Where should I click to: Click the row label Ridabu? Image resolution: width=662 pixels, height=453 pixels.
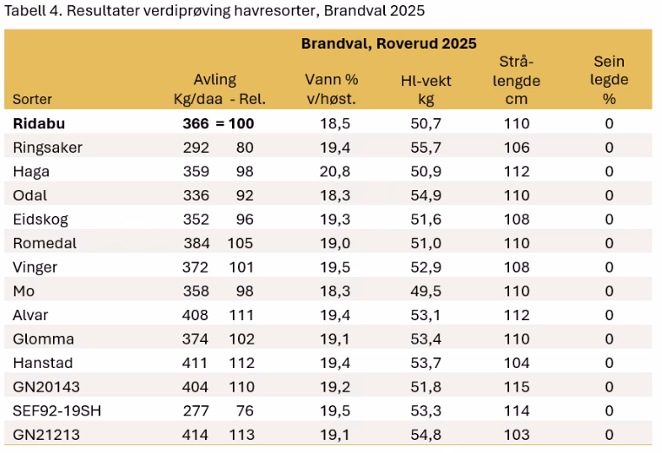point(40,123)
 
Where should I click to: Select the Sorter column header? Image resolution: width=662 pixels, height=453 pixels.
point(33,99)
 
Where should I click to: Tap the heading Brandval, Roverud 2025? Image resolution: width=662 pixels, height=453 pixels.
point(388,43)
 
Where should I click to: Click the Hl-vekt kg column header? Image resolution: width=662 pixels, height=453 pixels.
point(425,89)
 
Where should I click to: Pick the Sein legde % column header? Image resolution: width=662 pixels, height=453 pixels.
point(609,81)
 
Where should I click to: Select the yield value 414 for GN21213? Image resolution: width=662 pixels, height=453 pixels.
point(196,434)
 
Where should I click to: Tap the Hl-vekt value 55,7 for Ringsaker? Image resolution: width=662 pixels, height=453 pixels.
point(425,148)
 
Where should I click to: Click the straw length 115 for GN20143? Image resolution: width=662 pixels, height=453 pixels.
point(516,386)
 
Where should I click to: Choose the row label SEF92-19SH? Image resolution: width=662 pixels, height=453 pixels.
point(57,410)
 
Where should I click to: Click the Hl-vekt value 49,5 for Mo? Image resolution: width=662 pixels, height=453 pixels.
point(425,291)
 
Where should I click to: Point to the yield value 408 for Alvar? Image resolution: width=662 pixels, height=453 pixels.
point(196,314)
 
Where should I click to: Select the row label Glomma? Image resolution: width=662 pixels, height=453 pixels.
point(43,338)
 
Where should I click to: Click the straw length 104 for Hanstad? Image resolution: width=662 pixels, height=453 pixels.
point(516,363)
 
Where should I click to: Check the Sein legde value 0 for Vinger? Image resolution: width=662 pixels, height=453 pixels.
point(609,266)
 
